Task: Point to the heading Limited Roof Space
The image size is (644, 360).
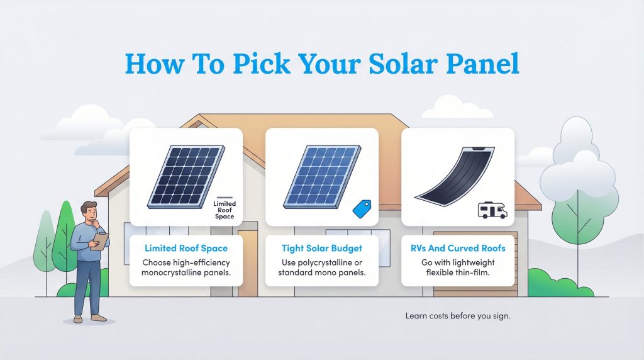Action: (186, 249)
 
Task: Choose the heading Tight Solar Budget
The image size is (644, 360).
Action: (322, 249)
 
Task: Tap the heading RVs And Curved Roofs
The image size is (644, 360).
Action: (458, 249)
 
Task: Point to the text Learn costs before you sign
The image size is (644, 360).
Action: (458, 316)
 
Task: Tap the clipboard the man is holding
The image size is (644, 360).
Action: (99, 241)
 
